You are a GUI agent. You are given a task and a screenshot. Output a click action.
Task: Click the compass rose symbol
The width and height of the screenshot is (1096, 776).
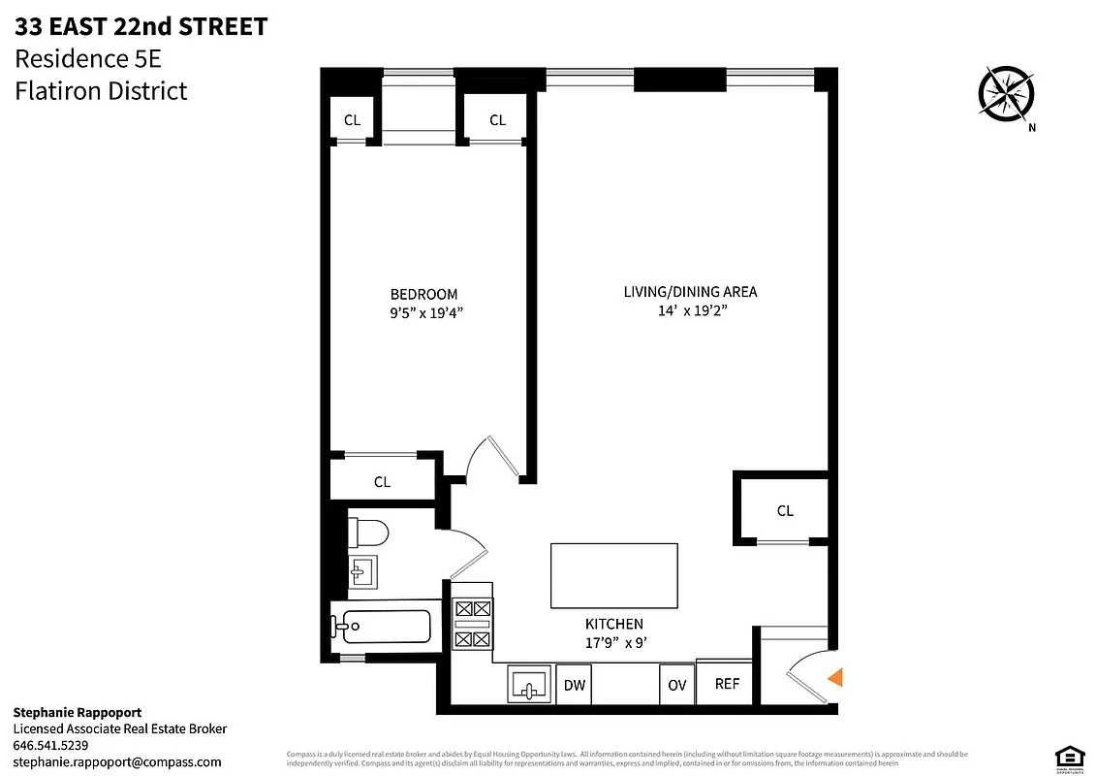tap(1008, 94)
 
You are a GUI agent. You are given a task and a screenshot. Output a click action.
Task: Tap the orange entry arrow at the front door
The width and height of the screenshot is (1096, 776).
tap(834, 678)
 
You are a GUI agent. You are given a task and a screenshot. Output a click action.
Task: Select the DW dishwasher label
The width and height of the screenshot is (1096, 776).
tap(575, 685)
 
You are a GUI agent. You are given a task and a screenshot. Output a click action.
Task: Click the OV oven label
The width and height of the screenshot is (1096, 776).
tap(676, 685)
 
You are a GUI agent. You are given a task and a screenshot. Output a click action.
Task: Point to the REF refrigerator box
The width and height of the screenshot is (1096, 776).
tap(726, 684)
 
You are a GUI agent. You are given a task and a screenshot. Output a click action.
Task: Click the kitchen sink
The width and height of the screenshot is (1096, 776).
tap(529, 685)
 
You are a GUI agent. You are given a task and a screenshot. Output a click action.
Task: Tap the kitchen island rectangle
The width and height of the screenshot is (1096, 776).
tap(613, 575)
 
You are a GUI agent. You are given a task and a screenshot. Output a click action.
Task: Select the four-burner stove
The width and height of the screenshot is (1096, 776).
tap(473, 624)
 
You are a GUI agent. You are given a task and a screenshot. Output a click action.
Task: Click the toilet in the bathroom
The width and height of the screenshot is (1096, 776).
tap(368, 533)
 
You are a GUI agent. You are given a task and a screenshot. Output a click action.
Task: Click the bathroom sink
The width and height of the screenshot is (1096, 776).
tap(362, 574)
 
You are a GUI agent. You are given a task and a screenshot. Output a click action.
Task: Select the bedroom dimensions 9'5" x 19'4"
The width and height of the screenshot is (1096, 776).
tap(423, 312)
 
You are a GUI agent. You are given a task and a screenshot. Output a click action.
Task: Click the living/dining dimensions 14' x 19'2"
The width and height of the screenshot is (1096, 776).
tap(690, 310)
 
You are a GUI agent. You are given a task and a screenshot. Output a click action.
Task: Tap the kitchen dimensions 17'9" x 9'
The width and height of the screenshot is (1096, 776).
tap(613, 642)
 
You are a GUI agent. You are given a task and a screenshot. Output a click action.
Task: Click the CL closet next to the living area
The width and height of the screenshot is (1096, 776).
tap(784, 510)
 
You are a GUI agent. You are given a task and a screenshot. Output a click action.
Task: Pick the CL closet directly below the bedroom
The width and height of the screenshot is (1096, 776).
tap(382, 481)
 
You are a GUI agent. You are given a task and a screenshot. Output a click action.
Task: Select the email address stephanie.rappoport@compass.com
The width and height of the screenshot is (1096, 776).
tap(117, 761)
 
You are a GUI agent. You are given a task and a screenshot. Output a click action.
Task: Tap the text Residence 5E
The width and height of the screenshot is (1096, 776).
tap(87, 59)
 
